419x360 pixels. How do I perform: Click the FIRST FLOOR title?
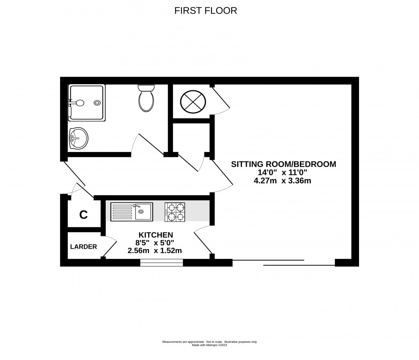click(x=206, y=11)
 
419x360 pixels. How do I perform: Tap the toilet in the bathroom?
click(x=146, y=99)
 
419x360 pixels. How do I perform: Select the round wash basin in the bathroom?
click(x=79, y=138)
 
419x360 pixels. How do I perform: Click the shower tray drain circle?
click(x=97, y=103)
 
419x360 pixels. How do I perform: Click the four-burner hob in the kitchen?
click(x=175, y=212)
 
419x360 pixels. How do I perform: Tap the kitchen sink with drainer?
click(x=131, y=212)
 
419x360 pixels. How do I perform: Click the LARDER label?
click(x=83, y=247)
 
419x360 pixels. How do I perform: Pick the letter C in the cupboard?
click(x=83, y=215)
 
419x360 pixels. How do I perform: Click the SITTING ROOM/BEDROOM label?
click(x=283, y=164)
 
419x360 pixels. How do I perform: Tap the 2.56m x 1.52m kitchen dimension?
click(x=154, y=250)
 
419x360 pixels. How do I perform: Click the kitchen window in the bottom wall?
click(x=161, y=262)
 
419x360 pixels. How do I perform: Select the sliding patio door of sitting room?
click(x=283, y=262)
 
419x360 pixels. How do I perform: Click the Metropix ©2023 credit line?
click(x=209, y=345)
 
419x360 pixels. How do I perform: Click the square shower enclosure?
click(x=87, y=103)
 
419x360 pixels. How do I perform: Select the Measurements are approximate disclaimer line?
click(x=209, y=342)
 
